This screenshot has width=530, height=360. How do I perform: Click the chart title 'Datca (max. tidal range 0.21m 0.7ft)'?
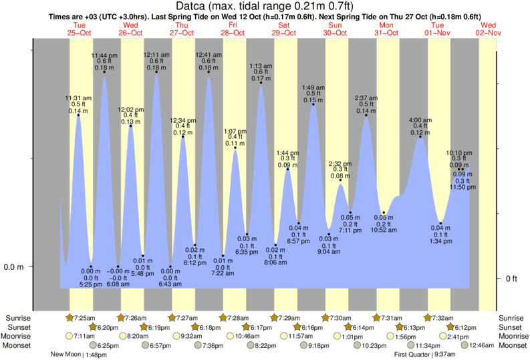point(265,6)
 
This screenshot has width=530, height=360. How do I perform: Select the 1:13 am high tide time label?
point(261,66)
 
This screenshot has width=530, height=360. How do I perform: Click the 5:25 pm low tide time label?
point(91,285)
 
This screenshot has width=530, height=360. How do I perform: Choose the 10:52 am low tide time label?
point(384,230)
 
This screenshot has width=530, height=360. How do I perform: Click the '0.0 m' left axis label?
point(14,267)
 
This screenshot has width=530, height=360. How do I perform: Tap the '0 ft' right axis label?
point(511,279)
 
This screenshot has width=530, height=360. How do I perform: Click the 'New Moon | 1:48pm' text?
point(80,355)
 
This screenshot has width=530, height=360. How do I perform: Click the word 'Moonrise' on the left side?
point(19,336)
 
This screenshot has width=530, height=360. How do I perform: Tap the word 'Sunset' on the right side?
point(513,327)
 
